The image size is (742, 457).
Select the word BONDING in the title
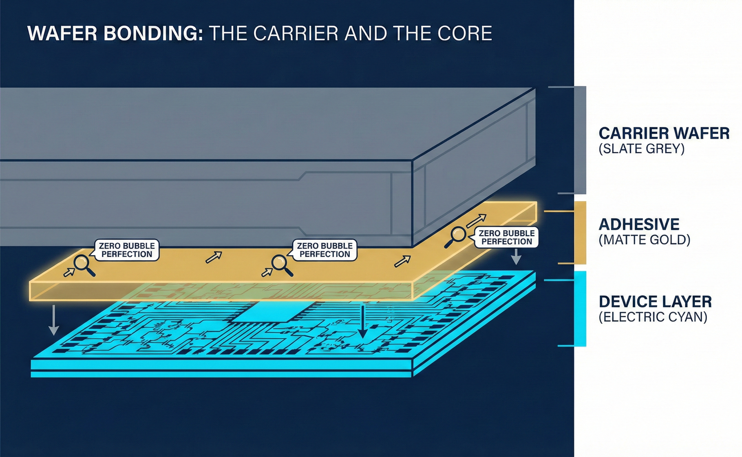pyautogui.click(x=153, y=34)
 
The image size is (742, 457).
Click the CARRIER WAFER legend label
pyautogui.click(x=664, y=133)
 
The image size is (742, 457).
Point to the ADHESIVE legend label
pyautogui.click(x=639, y=224)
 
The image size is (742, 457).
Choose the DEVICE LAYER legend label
pyautogui.click(x=655, y=302)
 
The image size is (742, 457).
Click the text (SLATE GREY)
pyautogui.click(x=641, y=149)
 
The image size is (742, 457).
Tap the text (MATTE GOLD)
pyautogui.click(x=644, y=240)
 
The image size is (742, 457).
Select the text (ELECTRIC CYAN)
pyautogui.click(x=653, y=317)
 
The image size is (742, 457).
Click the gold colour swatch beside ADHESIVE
pyautogui.click(x=580, y=232)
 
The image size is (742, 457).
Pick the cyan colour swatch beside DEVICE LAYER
pyautogui.click(x=580, y=308)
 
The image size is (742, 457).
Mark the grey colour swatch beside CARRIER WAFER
pyautogui.click(x=580, y=140)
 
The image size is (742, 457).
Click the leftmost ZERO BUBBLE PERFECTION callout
pyautogui.click(x=127, y=250)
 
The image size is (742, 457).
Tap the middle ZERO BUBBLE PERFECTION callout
pyautogui.click(x=325, y=250)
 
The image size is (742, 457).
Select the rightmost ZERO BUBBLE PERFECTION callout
pyautogui.click(x=507, y=237)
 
